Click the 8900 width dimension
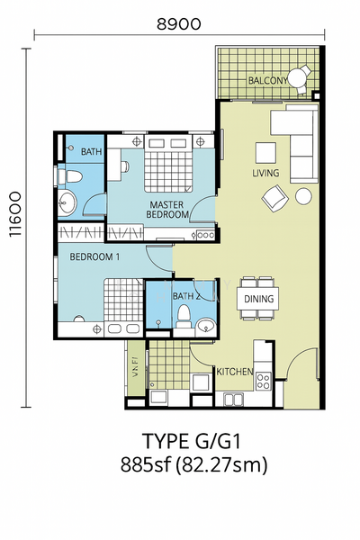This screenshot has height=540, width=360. coord(179,24)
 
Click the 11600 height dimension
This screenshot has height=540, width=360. coord(15,214)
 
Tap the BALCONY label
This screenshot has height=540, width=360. coord(268,81)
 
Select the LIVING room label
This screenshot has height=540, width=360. coord(265,173)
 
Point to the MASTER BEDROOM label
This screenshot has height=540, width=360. coord(167,210)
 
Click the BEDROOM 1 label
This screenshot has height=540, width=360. coord(94,256)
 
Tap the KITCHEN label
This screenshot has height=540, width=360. coord(235,372)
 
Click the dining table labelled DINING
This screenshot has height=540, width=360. coord(258,298)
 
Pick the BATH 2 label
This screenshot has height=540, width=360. coord(186,296)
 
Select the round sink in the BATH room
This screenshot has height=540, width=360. coord(67,203)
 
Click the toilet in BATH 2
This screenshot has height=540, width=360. coord(184,315)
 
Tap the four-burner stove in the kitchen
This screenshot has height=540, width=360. coord(264,382)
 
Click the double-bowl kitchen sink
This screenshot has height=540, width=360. coord(233,400)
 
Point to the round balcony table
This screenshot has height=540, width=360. coord(297,77)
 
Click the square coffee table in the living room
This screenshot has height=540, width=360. coord(265,153)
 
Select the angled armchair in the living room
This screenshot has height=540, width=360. coord(274,198)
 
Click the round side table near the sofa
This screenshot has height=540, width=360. coord(303,196)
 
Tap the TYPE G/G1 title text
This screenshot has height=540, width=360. coord(192,441)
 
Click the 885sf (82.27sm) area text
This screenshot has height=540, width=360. coord(193,465)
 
